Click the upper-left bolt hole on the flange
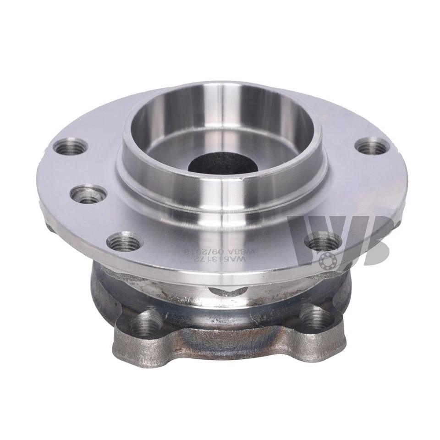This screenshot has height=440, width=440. pos(70,147)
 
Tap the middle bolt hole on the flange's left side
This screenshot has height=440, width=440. pos(88,193)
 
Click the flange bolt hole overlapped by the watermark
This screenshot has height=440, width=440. pos(324,241)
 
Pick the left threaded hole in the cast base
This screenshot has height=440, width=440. pos(146,322)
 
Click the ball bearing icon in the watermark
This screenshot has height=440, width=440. pos(329,260)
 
